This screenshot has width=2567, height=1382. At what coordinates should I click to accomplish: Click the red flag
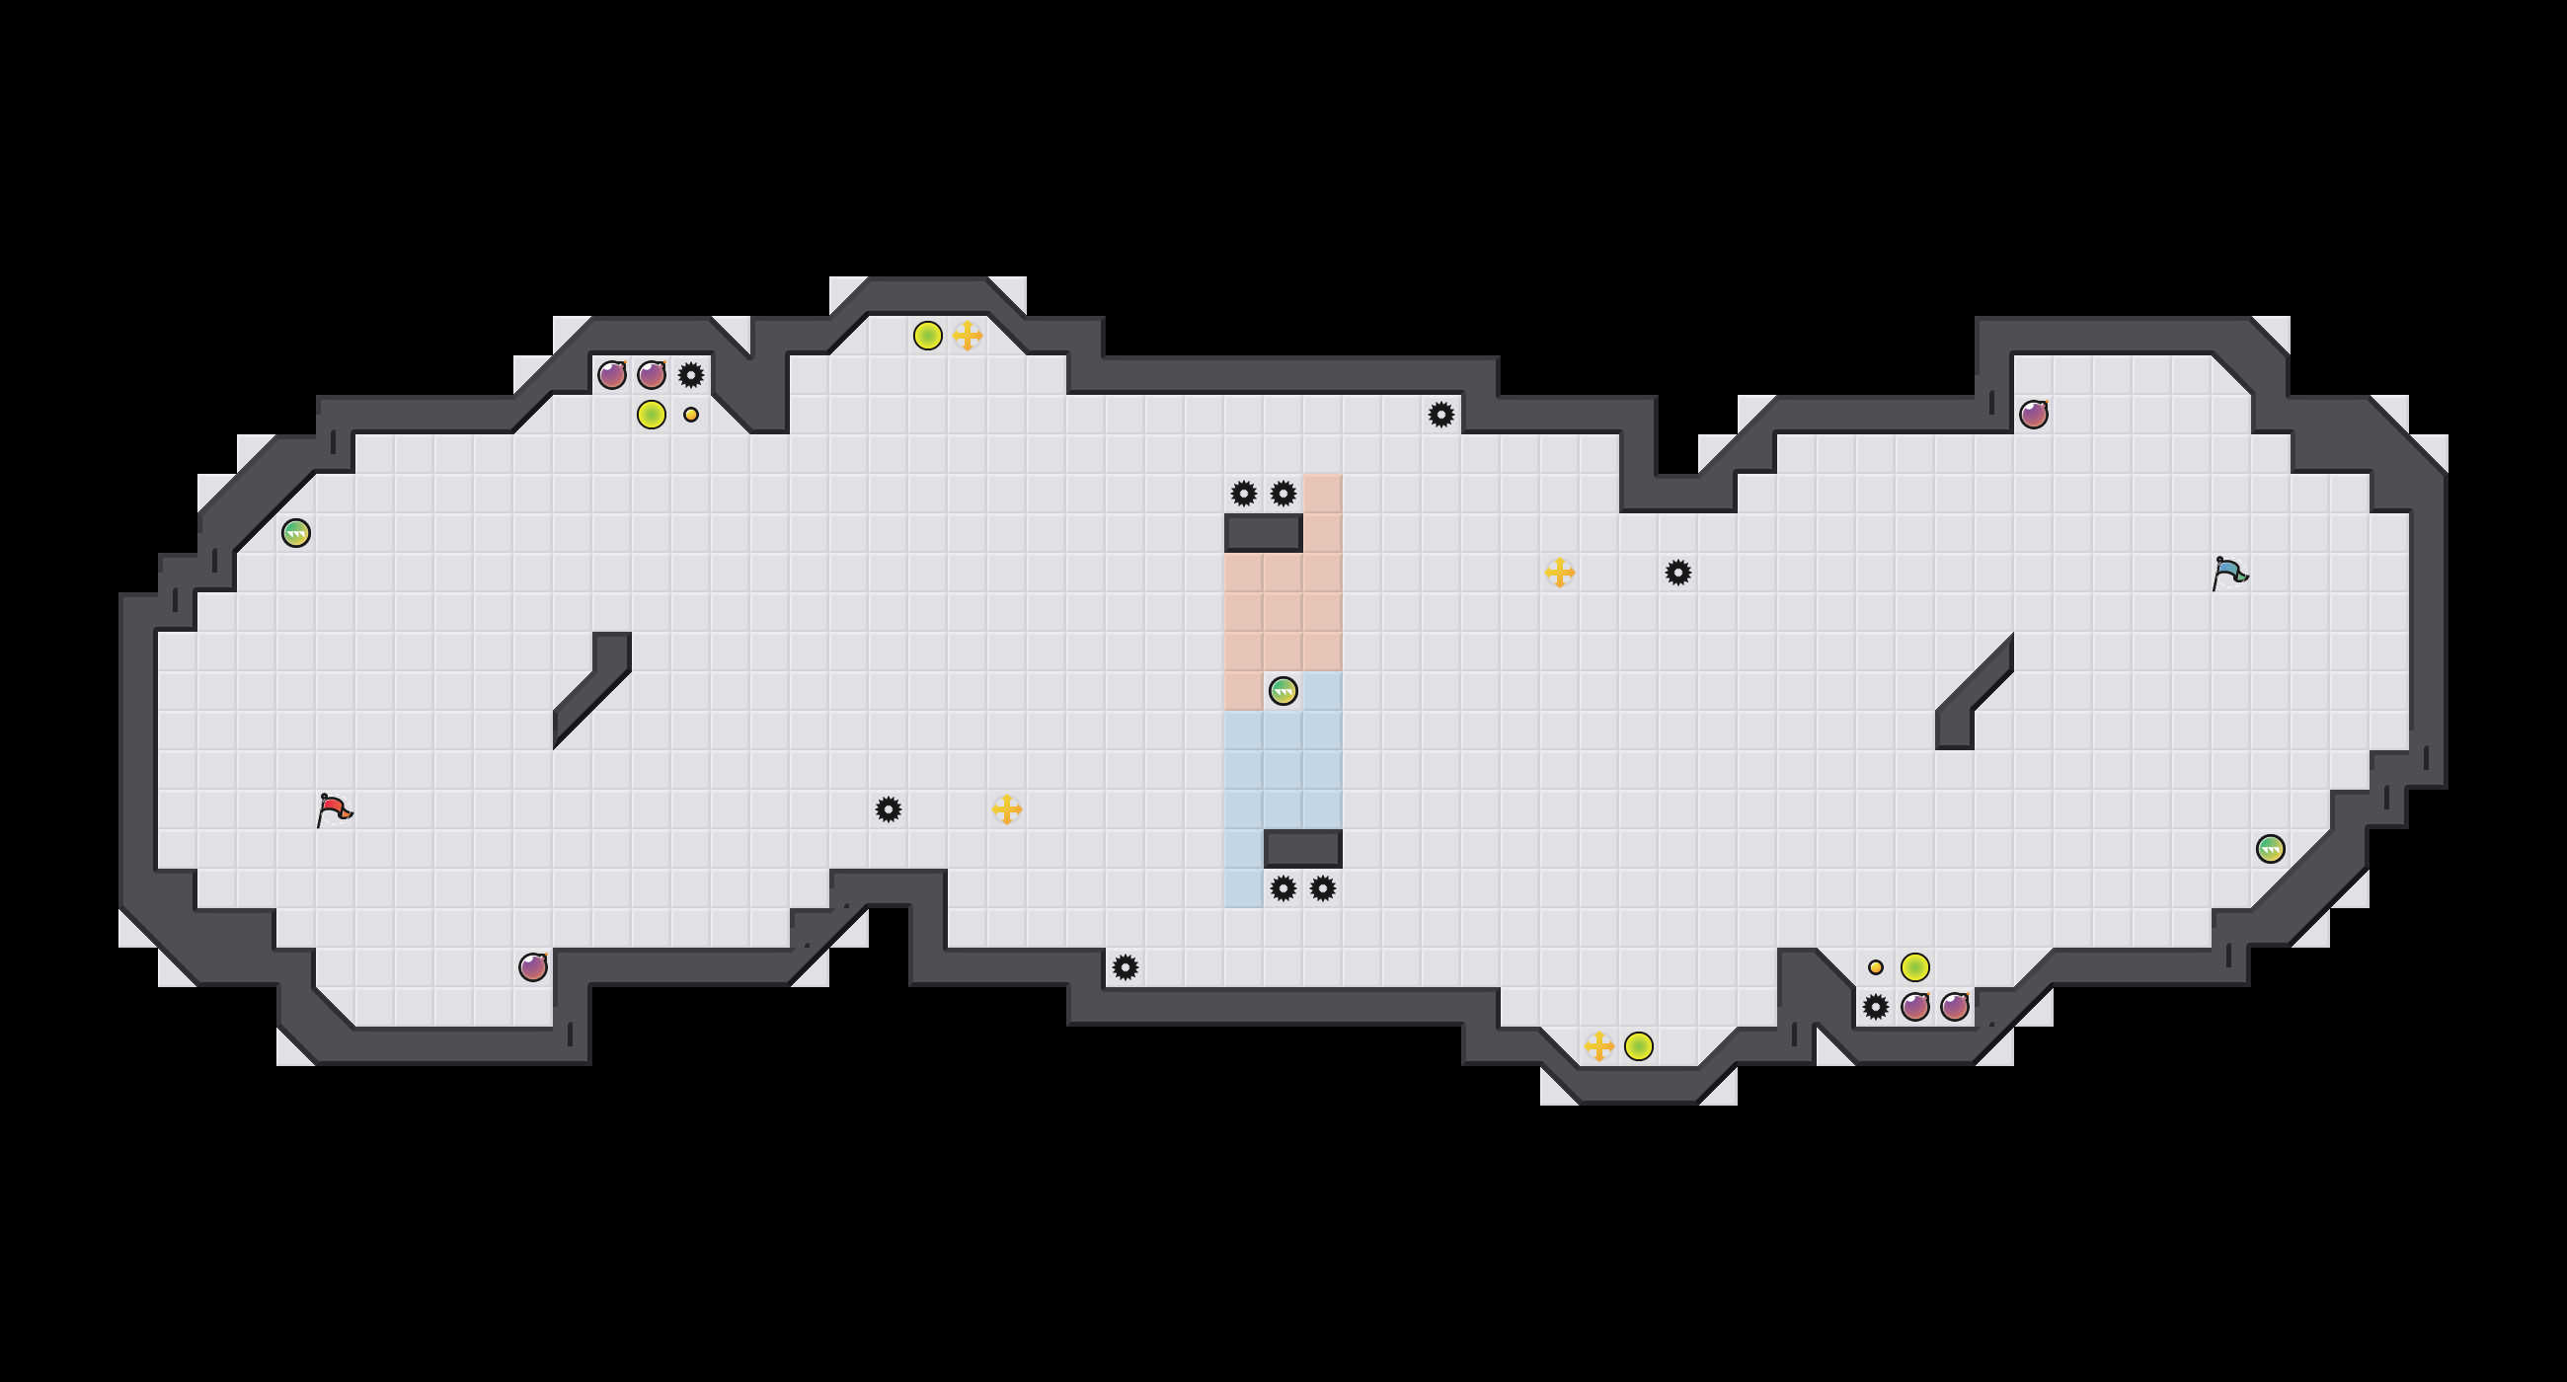click(333, 809)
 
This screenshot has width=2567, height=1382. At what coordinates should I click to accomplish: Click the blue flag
click(2228, 573)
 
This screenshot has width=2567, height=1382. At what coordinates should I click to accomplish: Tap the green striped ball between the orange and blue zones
click(1283, 690)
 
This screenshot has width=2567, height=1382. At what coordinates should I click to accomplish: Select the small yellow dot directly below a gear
click(690, 415)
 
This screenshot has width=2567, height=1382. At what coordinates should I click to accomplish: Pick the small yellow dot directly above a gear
click(1876, 966)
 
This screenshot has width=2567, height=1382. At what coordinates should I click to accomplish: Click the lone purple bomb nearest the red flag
click(533, 966)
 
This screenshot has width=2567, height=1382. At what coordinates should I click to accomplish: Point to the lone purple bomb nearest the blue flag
click(2033, 415)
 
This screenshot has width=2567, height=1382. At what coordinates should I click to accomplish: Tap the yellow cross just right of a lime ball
click(967, 336)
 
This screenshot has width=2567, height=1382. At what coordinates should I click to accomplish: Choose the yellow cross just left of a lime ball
click(1598, 1045)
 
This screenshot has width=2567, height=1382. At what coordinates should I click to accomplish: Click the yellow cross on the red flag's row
click(1006, 809)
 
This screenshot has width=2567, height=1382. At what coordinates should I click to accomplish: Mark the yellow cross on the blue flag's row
click(1560, 573)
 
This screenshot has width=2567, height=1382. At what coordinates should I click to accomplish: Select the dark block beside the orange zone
click(1263, 533)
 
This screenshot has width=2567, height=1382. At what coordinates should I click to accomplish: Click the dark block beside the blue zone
click(1302, 849)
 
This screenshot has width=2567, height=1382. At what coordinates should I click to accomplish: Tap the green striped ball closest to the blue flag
click(2270, 849)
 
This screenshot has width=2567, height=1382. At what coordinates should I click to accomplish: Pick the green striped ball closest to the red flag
click(296, 533)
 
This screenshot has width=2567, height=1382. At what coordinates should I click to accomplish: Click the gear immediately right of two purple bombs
click(690, 376)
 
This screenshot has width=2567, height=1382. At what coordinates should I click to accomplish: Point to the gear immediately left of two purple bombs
click(1876, 1006)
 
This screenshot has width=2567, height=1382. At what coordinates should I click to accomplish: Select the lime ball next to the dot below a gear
click(651, 415)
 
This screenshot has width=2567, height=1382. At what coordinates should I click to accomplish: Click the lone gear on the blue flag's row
click(1678, 573)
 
